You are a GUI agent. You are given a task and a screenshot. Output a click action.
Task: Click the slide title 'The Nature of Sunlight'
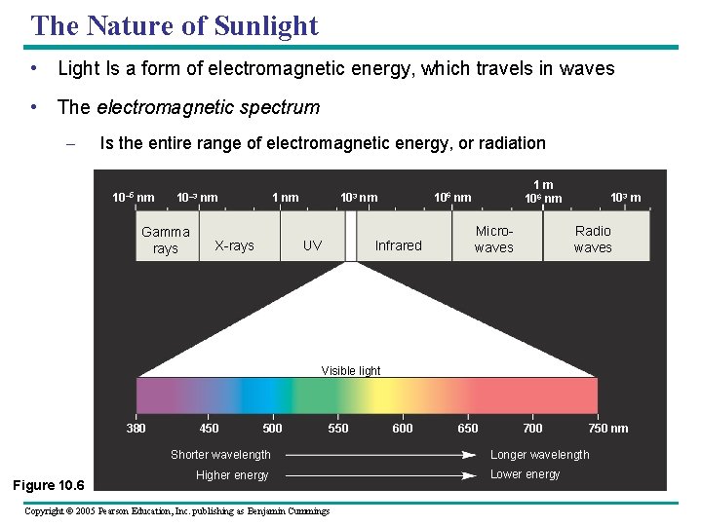pyautogui.click(x=175, y=25)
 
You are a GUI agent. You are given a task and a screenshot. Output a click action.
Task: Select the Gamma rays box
pyautogui.click(x=166, y=240)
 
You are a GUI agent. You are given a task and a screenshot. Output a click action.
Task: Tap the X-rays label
pyautogui.click(x=234, y=245)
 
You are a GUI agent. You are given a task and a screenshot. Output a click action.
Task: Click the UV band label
pyautogui.click(x=312, y=245)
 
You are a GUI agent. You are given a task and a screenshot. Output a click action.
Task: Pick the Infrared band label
pyautogui.click(x=399, y=245)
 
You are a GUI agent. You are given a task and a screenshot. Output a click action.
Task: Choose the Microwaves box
pyautogui.click(x=493, y=239)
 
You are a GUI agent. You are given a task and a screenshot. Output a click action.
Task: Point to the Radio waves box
pyautogui.click(x=593, y=239)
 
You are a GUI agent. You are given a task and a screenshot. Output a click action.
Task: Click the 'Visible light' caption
pyautogui.click(x=351, y=370)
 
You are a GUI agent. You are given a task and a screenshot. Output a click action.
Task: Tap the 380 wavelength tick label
pyautogui.click(x=136, y=429)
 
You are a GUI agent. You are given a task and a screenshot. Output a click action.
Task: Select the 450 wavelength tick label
pyautogui.click(x=209, y=429)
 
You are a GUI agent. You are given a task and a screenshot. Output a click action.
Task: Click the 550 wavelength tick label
pyautogui.click(x=337, y=429)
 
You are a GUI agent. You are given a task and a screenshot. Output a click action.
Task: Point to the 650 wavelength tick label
pyautogui.click(x=468, y=429)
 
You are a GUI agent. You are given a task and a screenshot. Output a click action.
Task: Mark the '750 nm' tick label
pyautogui.click(x=608, y=429)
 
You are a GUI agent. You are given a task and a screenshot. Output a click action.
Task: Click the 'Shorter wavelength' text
pyautogui.click(x=220, y=455)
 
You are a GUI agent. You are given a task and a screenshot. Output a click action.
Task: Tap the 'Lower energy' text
pyautogui.click(x=525, y=474)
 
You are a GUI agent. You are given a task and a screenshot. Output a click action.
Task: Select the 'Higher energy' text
pyautogui.click(x=231, y=475)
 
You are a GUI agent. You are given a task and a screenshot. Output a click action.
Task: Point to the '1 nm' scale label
pyautogui.click(x=285, y=198)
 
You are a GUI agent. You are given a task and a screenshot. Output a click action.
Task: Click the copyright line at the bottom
pyautogui.click(x=176, y=511)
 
